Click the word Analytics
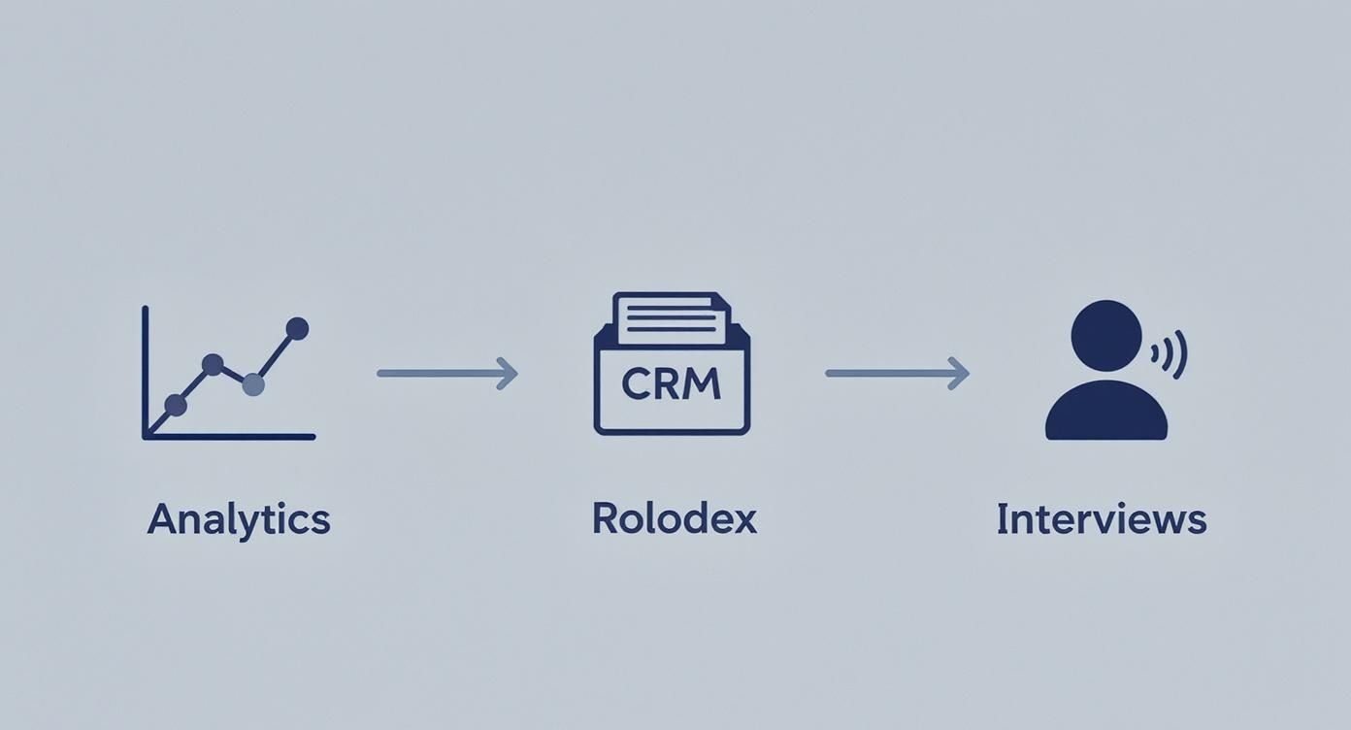point(239,520)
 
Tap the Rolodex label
point(674,519)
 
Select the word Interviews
point(1101,519)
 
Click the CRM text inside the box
point(672,384)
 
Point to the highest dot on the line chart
point(297,328)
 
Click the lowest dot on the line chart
point(176,405)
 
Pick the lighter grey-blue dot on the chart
point(252,384)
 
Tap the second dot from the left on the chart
point(213,364)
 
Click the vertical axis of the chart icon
point(145,369)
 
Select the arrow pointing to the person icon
point(895,373)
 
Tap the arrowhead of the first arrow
point(508,373)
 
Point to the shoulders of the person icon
point(1105,413)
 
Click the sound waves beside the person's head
point(1172,353)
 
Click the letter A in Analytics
point(160,520)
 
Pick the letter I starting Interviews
point(1002,519)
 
